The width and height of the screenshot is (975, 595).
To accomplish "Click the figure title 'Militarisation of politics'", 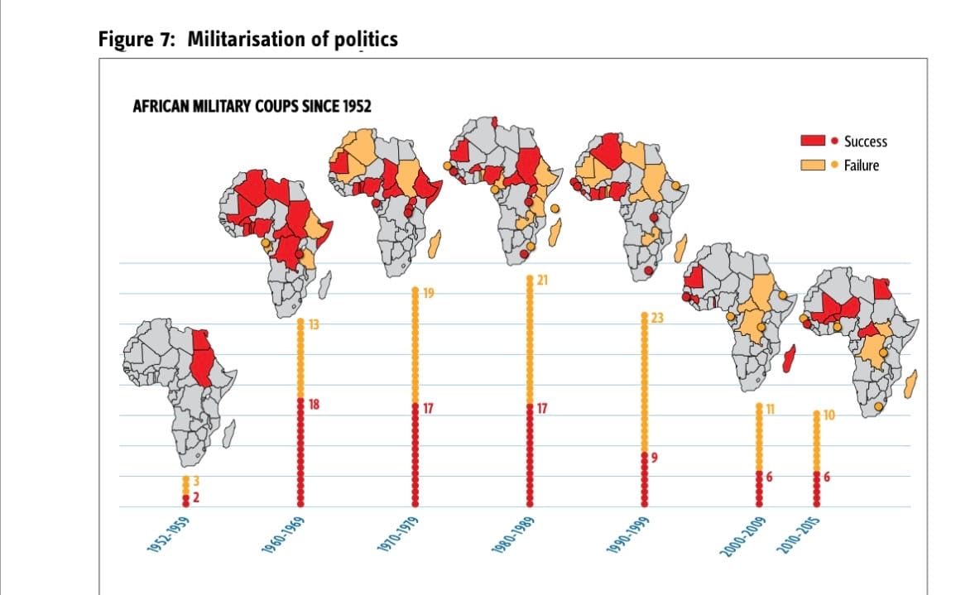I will click(292, 39).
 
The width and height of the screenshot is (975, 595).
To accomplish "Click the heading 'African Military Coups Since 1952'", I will click(252, 108).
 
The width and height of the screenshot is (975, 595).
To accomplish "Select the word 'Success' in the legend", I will click(865, 142).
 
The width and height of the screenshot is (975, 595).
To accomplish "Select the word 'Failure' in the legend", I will click(862, 165).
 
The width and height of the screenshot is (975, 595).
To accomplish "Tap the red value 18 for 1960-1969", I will click(314, 404).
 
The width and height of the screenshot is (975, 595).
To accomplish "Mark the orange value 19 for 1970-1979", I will click(428, 292).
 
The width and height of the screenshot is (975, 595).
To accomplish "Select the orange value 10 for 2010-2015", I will click(829, 415).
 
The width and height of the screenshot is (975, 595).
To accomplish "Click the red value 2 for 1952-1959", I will click(197, 497).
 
